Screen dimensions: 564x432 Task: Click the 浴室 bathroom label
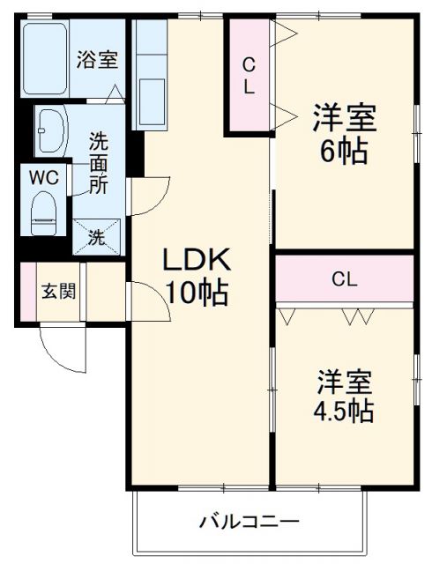click(x=97, y=60)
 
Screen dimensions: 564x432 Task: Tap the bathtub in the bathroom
click(x=46, y=58)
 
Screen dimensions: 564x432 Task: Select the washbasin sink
click(x=51, y=130)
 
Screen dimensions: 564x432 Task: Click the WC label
click(x=44, y=176)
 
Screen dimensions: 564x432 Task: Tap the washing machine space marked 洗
click(x=97, y=235)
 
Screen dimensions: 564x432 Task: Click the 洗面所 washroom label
click(x=98, y=163)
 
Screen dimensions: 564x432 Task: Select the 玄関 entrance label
click(x=58, y=291)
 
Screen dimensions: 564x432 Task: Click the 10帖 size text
click(x=196, y=292)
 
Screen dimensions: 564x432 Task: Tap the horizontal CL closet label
click(x=344, y=279)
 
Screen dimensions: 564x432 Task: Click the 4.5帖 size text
click(x=345, y=411)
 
